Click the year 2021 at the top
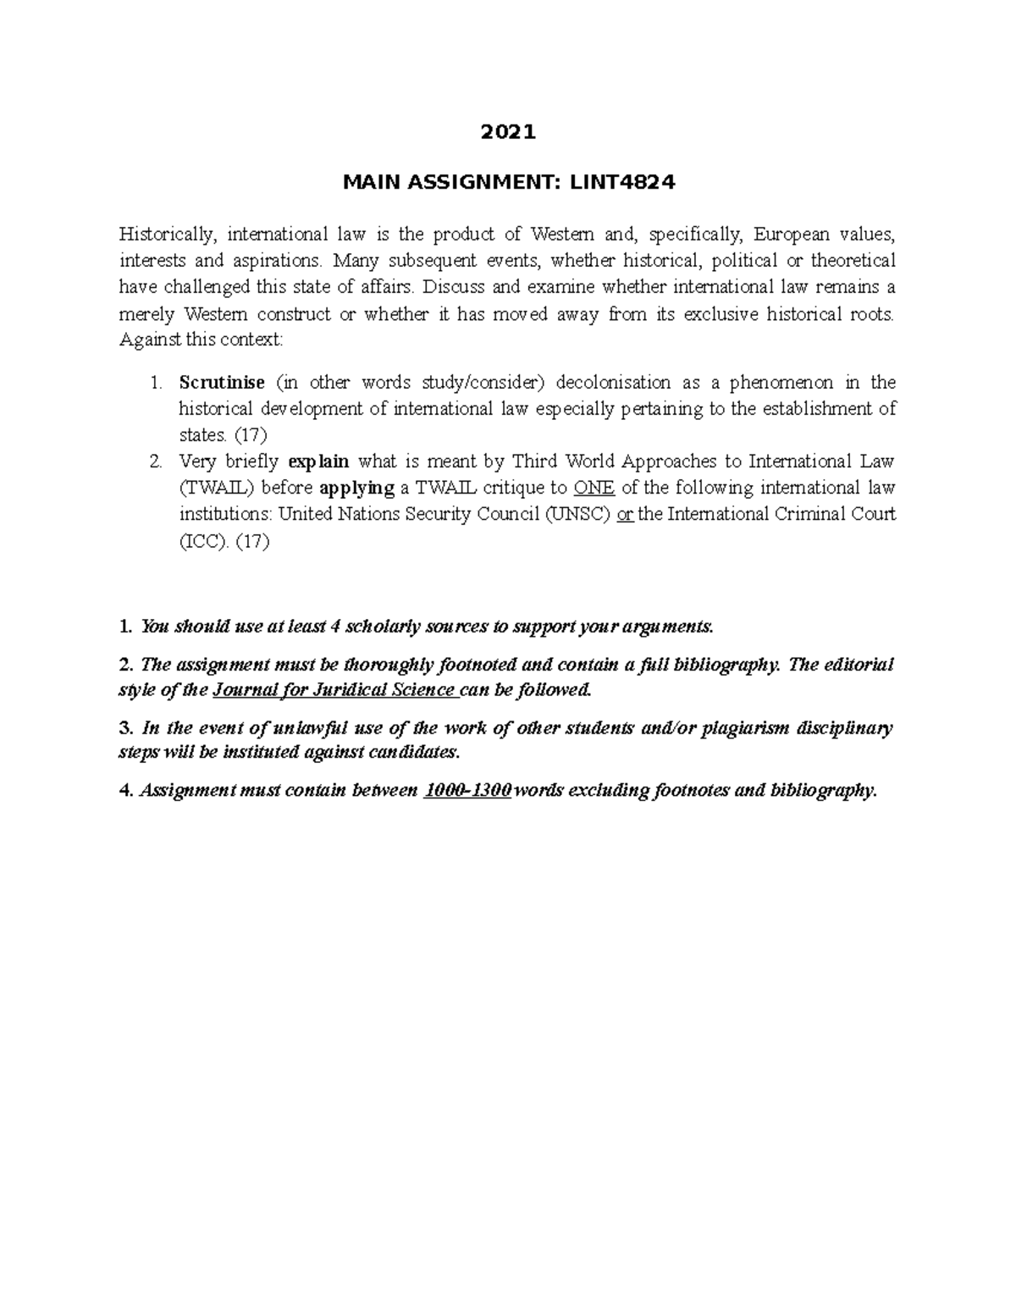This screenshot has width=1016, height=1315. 508,132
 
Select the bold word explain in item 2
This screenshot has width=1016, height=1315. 318,461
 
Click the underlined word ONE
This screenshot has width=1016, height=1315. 594,488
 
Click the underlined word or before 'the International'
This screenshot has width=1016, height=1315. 626,514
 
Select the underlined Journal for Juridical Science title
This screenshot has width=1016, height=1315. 335,689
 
